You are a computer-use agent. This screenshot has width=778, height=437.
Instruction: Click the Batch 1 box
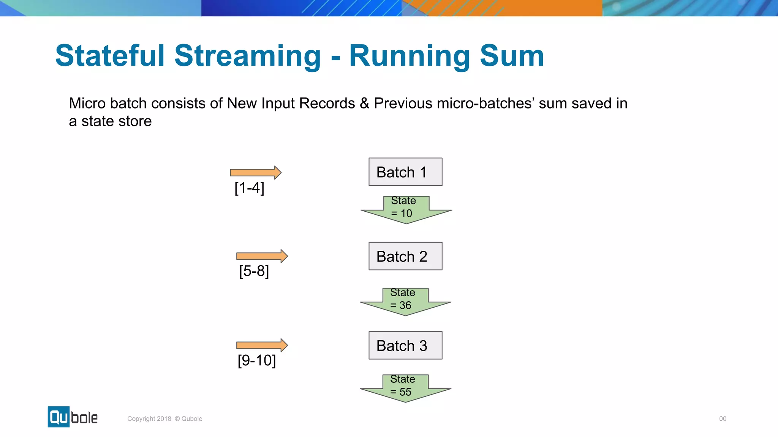pos(405,172)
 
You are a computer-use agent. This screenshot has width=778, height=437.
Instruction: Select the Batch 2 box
pos(405,256)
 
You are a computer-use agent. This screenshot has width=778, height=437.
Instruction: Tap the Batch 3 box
pos(405,346)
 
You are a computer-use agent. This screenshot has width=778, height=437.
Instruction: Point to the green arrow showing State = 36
pos(405,302)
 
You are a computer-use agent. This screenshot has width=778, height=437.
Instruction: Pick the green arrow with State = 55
pos(405,388)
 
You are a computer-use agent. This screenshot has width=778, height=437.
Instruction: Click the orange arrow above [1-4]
pos(255,173)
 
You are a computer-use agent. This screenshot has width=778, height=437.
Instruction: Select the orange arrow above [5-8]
pos(262,256)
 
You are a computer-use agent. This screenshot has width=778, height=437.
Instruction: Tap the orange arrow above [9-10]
pos(262,345)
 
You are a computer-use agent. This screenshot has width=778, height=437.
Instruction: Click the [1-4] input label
pos(249,188)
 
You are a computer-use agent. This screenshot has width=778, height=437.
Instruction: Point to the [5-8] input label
pos(254,271)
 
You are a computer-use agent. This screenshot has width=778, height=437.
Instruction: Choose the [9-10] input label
pos(256,360)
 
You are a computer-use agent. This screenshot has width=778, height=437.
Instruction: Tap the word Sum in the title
pos(512,56)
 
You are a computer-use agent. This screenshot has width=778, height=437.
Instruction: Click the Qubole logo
pos(73,417)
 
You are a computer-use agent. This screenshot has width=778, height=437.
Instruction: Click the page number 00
pos(723,419)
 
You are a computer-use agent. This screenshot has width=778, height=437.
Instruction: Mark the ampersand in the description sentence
pos(364,104)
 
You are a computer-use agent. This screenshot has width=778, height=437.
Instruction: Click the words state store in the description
pos(116,121)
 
